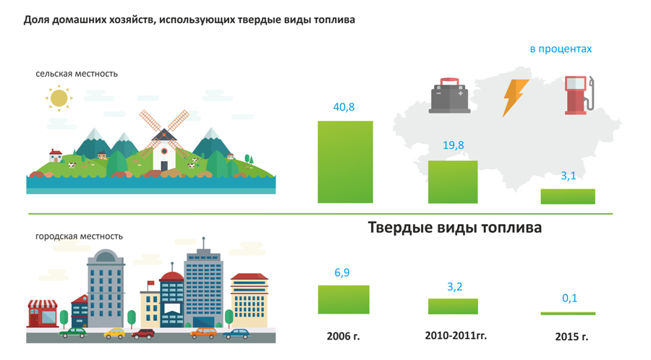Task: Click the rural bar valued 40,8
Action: pyautogui.click(x=345, y=162)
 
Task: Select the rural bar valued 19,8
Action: pyautogui.click(x=453, y=181)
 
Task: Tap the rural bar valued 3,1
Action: pyautogui.click(x=568, y=196)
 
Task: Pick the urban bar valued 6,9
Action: pyautogui.click(x=344, y=299)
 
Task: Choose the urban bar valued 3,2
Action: pyautogui.click(x=453, y=306)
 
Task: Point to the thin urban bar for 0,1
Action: pyautogui.click(x=568, y=314)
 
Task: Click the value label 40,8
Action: pyautogui.click(x=344, y=107)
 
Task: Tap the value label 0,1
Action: pyautogui.click(x=570, y=298)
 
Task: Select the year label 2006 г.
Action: pyautogui.click(x=343, y=336)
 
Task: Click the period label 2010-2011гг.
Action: pyautogui.click(x=456, y=335)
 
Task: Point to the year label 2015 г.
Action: pyautogui.click(x=571, y=336)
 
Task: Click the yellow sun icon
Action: pyautogui.click(x=59, y=98)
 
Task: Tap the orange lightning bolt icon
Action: pyautogui.click(x=515, y=98)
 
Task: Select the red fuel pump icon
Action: pyautogui.click(x=579, y=95)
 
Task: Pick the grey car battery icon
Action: pyautogui.click(x=450, y=95)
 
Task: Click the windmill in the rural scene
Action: pyautogui.click(x=163, y=141)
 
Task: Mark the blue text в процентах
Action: pyautogui.click(x=561, y=49)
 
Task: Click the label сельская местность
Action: pyautogui.click(x=77, y=74)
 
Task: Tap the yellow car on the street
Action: pyautogui.click(x=114, y=333)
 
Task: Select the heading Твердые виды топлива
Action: pyautogui.click(x=455, y=228)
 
